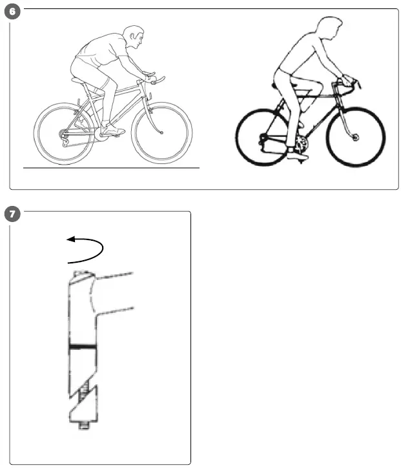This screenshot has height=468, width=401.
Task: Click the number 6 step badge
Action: (x=11, y=12)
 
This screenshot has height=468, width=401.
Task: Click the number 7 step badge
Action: (x=11, y=214)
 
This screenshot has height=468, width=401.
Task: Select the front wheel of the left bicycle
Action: (x=161, y=133)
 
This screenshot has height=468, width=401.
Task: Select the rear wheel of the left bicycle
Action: (x=63, y=134)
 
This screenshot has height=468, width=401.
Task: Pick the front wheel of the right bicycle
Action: (x=356, y=137)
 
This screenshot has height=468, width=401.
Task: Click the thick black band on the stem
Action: (x=82, y=347)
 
